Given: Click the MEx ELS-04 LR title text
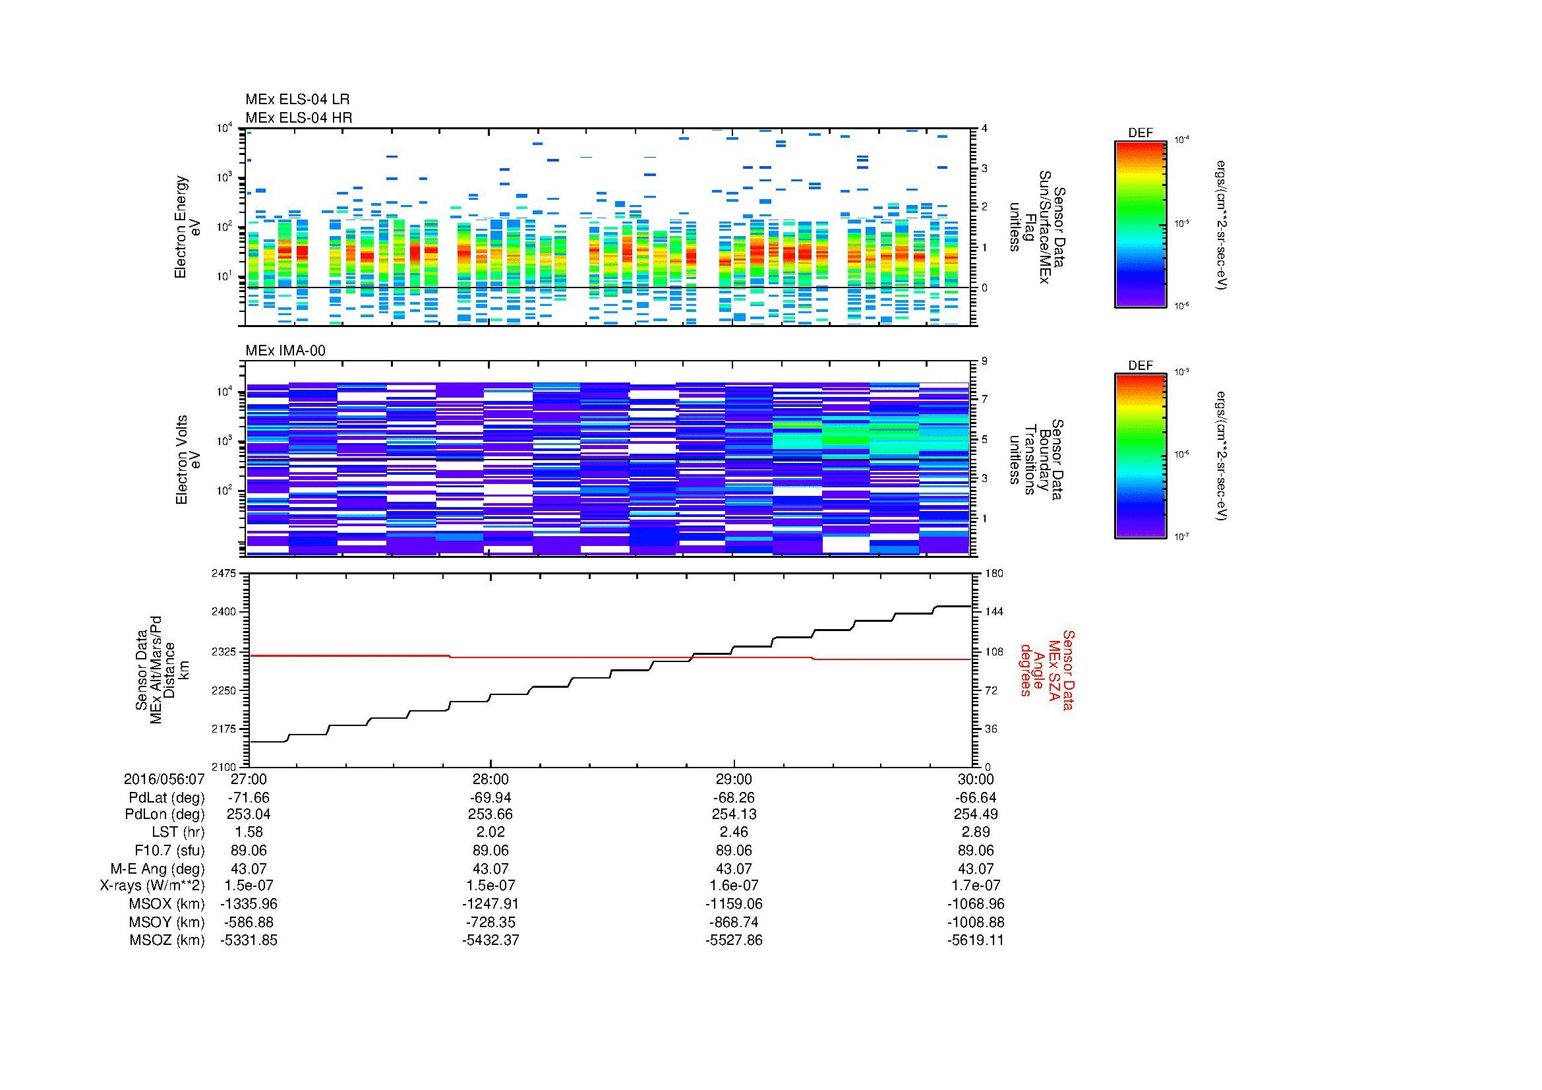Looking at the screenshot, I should coord(297,100).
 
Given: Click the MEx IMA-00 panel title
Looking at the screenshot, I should coord(285,351).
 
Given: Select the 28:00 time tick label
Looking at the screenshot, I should coord(491,779).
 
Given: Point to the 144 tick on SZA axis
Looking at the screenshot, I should coord(993,612).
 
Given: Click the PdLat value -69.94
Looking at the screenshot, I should coord(491,798).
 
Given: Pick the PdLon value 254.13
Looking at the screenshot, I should coord(733,814).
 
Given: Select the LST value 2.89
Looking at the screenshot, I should coord(976,832).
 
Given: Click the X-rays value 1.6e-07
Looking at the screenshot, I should coord(733,886).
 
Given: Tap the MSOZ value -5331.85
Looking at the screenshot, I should coord(249,940).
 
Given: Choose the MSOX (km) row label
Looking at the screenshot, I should coord(167,904).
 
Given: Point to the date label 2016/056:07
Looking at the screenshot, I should coord(164,779).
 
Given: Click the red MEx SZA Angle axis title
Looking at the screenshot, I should coord(1047,669).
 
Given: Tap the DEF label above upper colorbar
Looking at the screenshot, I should coord(1141,133).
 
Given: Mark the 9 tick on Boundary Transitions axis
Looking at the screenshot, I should coord(984,361).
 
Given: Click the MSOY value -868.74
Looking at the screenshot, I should coord(733,922).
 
